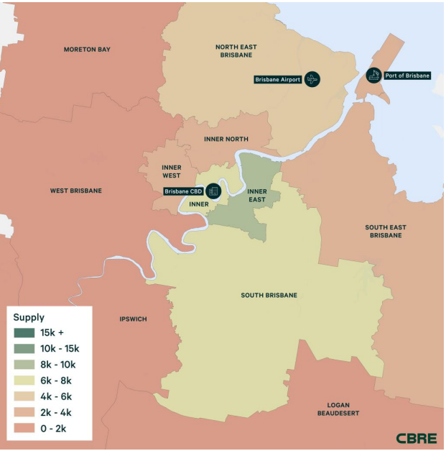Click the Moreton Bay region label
(87, 50)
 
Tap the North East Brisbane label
(236, 51)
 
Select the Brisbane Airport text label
(277, 79)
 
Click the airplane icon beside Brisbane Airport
(312, 79)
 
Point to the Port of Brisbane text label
(407, 76)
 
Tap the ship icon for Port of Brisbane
(373, 75)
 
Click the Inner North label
(226, 139)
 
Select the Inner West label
(171, 171)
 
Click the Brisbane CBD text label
(184, 191)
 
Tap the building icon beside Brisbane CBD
(213, 191)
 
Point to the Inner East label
(257, 196)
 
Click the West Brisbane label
(75, 191)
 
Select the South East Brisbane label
(388, 231)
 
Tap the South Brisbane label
(269, 295)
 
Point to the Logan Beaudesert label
(338, 409)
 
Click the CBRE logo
(415, 438)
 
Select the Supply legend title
(29, 317)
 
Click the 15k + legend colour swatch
(24, 333)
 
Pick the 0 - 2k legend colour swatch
(24, 428)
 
